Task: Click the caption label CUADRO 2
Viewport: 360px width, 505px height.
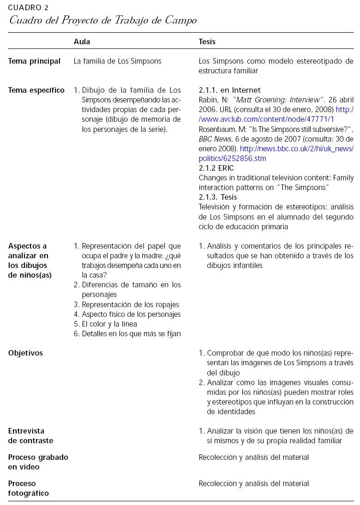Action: [28, 8]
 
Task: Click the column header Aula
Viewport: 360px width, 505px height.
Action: [82, 42]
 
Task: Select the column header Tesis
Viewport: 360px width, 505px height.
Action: [207, 42]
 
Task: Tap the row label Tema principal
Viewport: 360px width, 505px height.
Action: [34, 61]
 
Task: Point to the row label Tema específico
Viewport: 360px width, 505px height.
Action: [36, 90]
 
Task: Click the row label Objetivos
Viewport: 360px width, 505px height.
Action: [25, 353]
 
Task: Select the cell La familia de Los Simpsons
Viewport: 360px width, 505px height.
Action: [117, 61]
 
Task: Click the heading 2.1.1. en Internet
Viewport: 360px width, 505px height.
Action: [229, 90]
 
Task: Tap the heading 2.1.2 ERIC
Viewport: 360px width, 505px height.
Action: [216, 168]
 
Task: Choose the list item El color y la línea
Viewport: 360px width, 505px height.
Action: [109, 324]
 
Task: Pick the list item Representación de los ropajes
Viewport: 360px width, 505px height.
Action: [130, 304]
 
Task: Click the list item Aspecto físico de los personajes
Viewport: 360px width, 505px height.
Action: [131, 315]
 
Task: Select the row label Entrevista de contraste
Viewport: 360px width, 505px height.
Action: [30, 436]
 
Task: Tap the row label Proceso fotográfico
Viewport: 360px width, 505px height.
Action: [28, 488]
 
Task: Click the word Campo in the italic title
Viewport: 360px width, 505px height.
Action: [181, 20]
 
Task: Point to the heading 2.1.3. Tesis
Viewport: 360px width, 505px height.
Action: [218, 197]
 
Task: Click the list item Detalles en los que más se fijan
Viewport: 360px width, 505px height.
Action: [131, 334]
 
